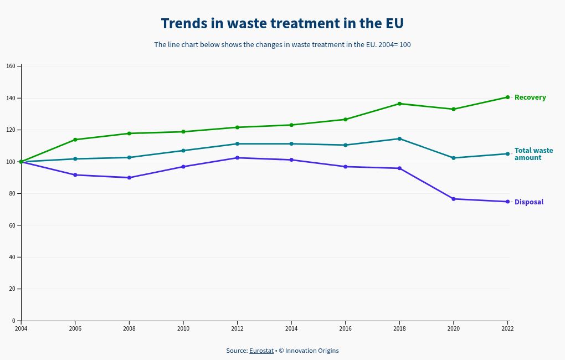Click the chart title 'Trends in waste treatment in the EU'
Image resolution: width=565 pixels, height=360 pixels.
click(282, 24)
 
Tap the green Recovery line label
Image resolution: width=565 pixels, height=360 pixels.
click(530, 97)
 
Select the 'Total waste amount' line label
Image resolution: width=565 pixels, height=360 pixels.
click(533, 154)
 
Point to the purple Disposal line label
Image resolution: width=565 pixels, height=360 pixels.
click(529, 202)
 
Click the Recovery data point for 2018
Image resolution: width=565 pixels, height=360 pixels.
click(399, 104)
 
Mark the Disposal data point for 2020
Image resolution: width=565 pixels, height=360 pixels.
click(454, 199)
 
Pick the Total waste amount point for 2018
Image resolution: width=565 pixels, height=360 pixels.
click(399, 138)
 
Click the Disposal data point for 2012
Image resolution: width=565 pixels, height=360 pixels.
click(237, 158)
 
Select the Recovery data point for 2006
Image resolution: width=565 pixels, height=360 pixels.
click(75, 140)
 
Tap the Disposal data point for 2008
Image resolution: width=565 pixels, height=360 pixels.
click(129, 178)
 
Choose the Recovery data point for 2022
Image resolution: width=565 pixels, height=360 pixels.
click(507, 97)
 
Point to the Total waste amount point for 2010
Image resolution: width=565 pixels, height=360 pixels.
click(183, 151)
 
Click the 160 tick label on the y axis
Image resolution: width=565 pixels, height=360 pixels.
click(11, 66)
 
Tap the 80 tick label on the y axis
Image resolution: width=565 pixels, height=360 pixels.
click(12, 194)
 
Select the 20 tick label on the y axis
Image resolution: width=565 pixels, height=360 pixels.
click(12, 289)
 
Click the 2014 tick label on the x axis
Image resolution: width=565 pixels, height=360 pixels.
click(291, 328)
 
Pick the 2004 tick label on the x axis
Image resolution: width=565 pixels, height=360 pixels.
click(21, 328)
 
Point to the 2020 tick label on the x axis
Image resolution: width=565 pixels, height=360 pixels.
click(454, 328)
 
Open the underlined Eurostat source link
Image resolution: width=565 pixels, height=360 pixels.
click(261, 351)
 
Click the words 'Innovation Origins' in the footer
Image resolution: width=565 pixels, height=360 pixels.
click(312, 351)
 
